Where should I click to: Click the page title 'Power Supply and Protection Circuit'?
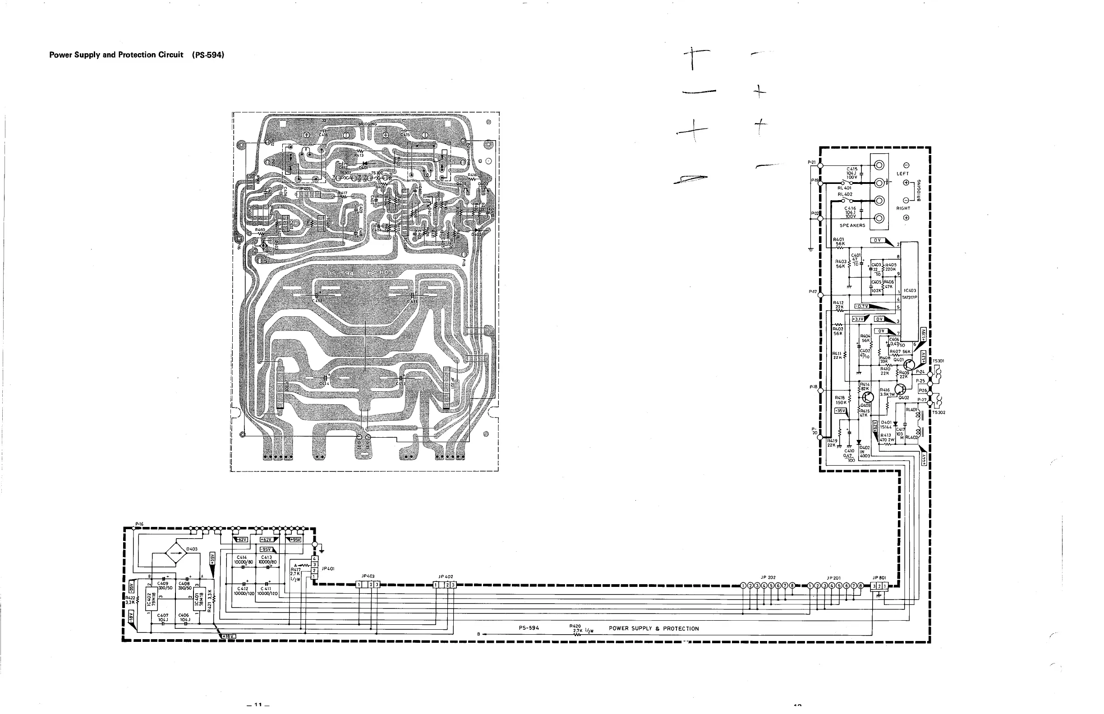pos(116,55)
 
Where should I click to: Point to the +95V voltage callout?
pos(294,539)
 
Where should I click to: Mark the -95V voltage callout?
pos(267,549)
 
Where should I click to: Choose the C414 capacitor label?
pos(242,557)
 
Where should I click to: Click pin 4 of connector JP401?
pos(314,558)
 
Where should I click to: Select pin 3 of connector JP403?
pos(377,584)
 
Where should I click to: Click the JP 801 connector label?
pos(879,578)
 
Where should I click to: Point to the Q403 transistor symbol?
pos(867,397)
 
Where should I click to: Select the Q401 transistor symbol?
pos(909,364)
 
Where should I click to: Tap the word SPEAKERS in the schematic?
pos(852,225)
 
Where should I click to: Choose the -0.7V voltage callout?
pos(861,307)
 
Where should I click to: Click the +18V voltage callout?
pos(228,636)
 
